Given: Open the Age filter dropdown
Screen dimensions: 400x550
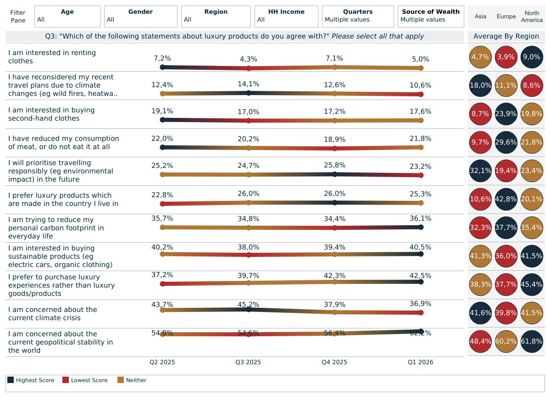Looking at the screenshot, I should click(67, 16).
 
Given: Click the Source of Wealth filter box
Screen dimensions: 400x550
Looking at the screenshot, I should click(431, 16).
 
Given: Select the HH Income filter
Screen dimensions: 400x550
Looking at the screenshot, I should click(286, 16).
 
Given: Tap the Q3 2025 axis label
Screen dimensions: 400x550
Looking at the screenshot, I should click(248, 362).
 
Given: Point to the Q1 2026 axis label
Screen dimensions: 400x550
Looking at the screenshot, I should click(421, 362).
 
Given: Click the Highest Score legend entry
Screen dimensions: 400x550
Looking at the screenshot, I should click(31, 380).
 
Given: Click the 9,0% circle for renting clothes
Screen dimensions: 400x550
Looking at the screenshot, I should click(532, 57).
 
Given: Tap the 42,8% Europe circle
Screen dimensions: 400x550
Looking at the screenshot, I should click(506, 199).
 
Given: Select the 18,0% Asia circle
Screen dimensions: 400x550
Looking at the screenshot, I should click(480, 85).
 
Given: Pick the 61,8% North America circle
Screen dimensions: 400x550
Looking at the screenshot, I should click(532, 341).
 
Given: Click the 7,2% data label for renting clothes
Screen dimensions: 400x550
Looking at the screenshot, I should click(162, 58).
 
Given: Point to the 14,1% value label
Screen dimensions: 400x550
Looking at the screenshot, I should click(248, 84).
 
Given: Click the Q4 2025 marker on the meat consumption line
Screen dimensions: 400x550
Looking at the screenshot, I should click(335, 148).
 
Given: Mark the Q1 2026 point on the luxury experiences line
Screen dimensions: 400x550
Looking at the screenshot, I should click(421, 282).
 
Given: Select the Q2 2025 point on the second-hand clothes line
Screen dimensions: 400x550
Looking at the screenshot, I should click(162, 120).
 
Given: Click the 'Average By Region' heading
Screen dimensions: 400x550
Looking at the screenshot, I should click(506, 37).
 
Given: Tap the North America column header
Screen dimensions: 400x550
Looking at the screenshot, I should click(532, 17).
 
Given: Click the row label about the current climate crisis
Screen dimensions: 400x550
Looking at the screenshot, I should click(53, 314).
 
